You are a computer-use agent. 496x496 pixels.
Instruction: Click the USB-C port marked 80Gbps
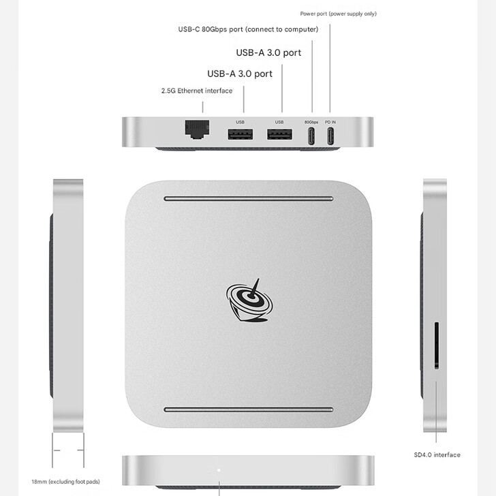pyautogui.click(x=311, y=136)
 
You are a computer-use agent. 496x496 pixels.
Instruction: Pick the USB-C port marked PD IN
pyautogui.click(x=330, y=136)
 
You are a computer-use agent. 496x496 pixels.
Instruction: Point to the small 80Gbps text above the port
pyautogui.click(x=311, y=122)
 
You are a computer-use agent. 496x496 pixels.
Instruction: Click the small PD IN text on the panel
pyautogui.click(x=330, y=122)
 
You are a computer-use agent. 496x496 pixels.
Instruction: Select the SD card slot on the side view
pyautogui.click(x=435, y=347)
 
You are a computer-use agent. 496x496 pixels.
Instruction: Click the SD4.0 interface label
pyautogui.click(x=437, y=454)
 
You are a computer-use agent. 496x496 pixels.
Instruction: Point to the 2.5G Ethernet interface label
pyautogui.click(x=197, y=91)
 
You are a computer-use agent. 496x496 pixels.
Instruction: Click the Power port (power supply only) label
pyautogui.click(x=338, y=14)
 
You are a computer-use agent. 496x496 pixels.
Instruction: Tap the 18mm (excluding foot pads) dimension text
pyautogui.click(x=65, y=481)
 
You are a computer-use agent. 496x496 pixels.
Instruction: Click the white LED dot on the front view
pyautogui.click(x=218, y=470)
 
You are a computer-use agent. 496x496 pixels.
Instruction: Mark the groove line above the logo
pyautogui.click(x=248, y=199)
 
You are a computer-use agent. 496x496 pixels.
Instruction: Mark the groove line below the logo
pyautogui.click(x=248, y=409)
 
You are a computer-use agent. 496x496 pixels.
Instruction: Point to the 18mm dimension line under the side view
pyautogui.click(x=68, y=450)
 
